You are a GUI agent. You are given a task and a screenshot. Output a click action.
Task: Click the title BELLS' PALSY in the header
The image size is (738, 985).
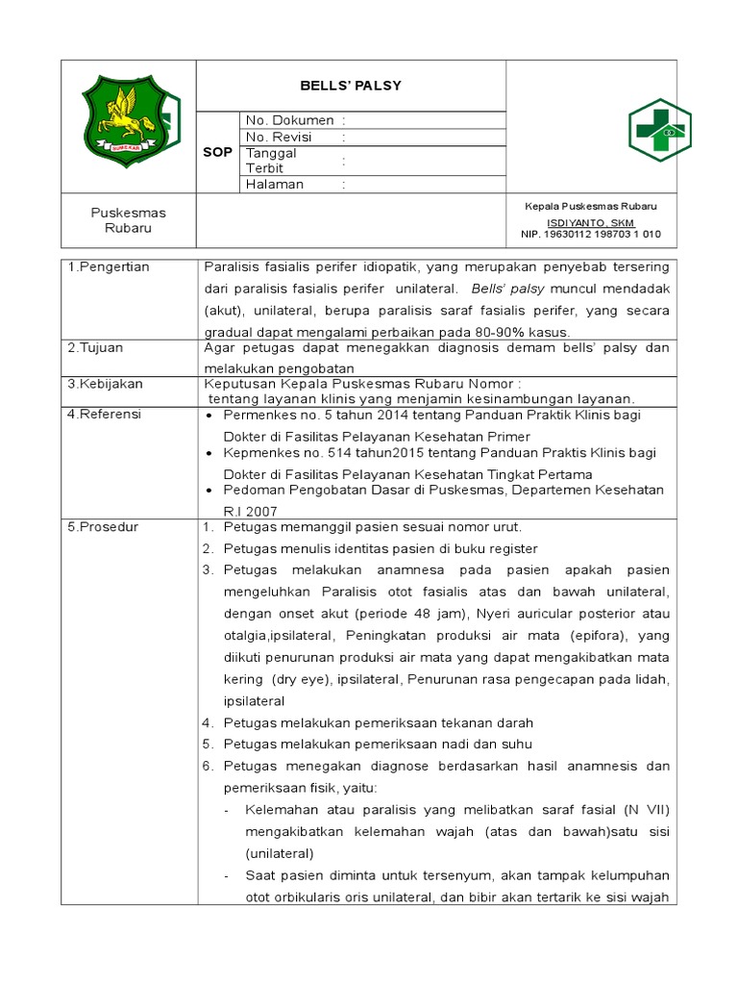(352, 86)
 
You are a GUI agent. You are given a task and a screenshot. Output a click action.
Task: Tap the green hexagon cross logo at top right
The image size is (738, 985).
(659, 130)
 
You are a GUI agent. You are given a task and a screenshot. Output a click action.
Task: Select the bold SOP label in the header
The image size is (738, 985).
(217, 152)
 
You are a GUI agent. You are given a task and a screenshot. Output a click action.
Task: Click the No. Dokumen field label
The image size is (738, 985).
(289, 120)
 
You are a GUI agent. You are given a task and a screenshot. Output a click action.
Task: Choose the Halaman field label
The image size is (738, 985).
(275, 184)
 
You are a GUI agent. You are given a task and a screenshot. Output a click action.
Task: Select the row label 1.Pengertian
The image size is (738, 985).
(109, 266)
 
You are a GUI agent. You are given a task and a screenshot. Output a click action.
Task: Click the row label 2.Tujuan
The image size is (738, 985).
(95, 347)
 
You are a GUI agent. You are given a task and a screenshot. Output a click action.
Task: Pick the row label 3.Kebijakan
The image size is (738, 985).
(105, 383)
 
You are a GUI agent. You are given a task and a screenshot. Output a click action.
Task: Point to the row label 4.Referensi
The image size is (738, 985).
(105, 414)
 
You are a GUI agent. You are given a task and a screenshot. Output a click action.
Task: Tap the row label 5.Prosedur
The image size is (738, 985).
(103, 526)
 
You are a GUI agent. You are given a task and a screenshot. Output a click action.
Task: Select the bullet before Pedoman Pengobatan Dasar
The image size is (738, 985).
(211, 491)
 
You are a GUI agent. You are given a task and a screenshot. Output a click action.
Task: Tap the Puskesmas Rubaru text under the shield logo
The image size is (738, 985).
(128, 220)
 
